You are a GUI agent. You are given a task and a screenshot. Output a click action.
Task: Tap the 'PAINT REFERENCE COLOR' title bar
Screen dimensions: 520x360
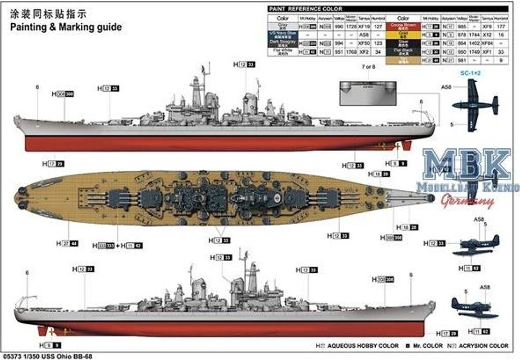[x=305, y=9]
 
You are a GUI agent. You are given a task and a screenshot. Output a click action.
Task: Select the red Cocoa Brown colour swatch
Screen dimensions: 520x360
[x=403, y=25]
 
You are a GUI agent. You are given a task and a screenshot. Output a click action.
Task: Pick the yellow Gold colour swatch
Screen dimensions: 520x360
[x=403, y=34]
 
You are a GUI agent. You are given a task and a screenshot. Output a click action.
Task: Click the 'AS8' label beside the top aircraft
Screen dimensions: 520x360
[x=446, y=87]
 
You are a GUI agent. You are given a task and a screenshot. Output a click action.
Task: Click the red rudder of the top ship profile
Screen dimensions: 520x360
[x=406, y=146]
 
